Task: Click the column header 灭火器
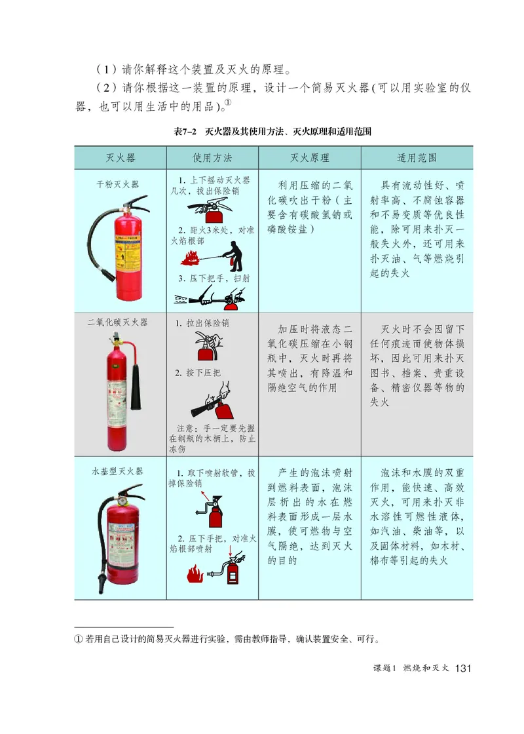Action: point(121,158)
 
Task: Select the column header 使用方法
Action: point(212,158)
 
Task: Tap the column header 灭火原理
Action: point(309,158)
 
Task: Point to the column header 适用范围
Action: point(417,158)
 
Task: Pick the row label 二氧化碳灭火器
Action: point(118,322)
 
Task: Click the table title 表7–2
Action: point(186,132)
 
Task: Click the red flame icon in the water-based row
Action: point(195,575)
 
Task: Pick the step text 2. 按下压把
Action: point(198,373)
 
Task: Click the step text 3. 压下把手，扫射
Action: point(214,279)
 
